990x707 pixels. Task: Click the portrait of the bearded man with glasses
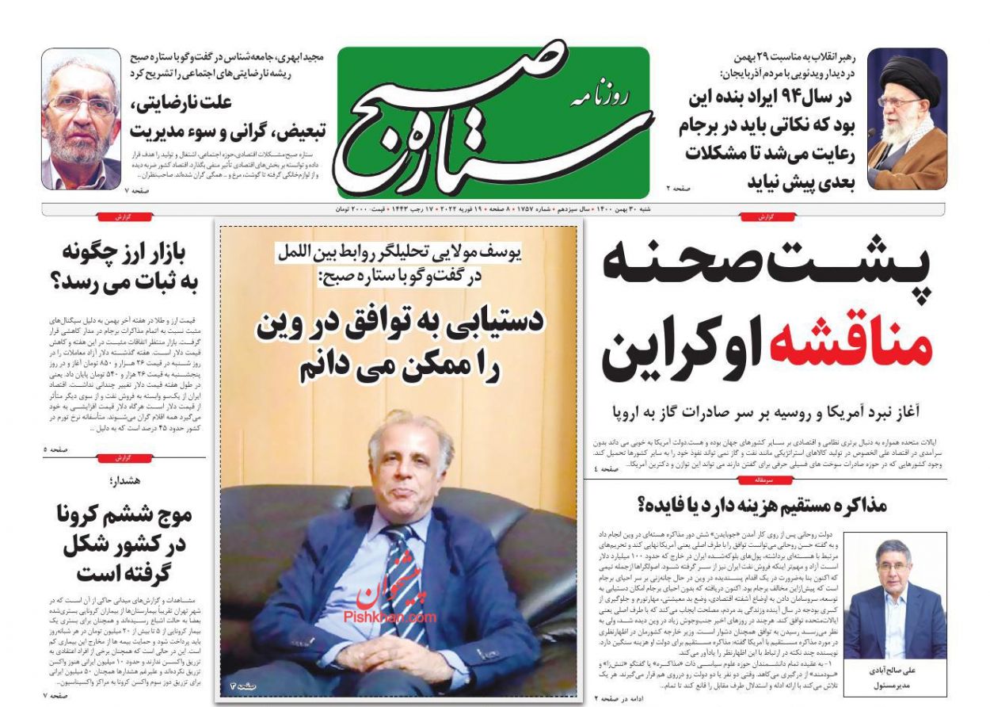[81, 120]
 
